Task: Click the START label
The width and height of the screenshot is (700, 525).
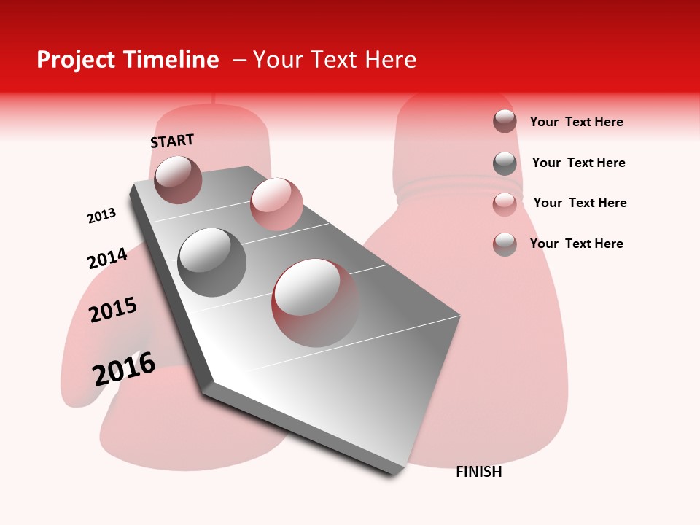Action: point(172,141)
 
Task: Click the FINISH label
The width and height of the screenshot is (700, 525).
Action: point(478,472)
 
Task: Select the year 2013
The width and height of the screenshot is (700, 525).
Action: point(101,216)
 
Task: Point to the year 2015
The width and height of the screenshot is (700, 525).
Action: point(113,310)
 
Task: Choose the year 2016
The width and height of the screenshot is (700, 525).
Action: point(124,368)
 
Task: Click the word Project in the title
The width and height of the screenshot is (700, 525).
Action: point(77,60)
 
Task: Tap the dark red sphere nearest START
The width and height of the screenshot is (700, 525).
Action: point(179,179)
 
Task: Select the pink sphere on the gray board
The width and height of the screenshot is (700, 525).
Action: point(276,203)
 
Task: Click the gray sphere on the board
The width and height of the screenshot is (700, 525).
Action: point(212,262)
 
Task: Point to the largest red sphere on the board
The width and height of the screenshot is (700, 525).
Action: point(316,302)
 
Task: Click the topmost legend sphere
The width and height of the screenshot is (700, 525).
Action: point(505,121)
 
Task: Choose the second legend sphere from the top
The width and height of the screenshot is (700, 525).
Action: point(505,163)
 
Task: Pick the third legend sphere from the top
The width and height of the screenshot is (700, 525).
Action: point(505,204)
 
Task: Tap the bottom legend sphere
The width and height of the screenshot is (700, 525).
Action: point(505,244)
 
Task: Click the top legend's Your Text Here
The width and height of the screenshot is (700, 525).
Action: point(576,122)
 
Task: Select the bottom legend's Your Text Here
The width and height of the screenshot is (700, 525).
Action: point(576,244)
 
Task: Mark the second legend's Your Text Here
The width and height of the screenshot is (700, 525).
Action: point(578,163)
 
